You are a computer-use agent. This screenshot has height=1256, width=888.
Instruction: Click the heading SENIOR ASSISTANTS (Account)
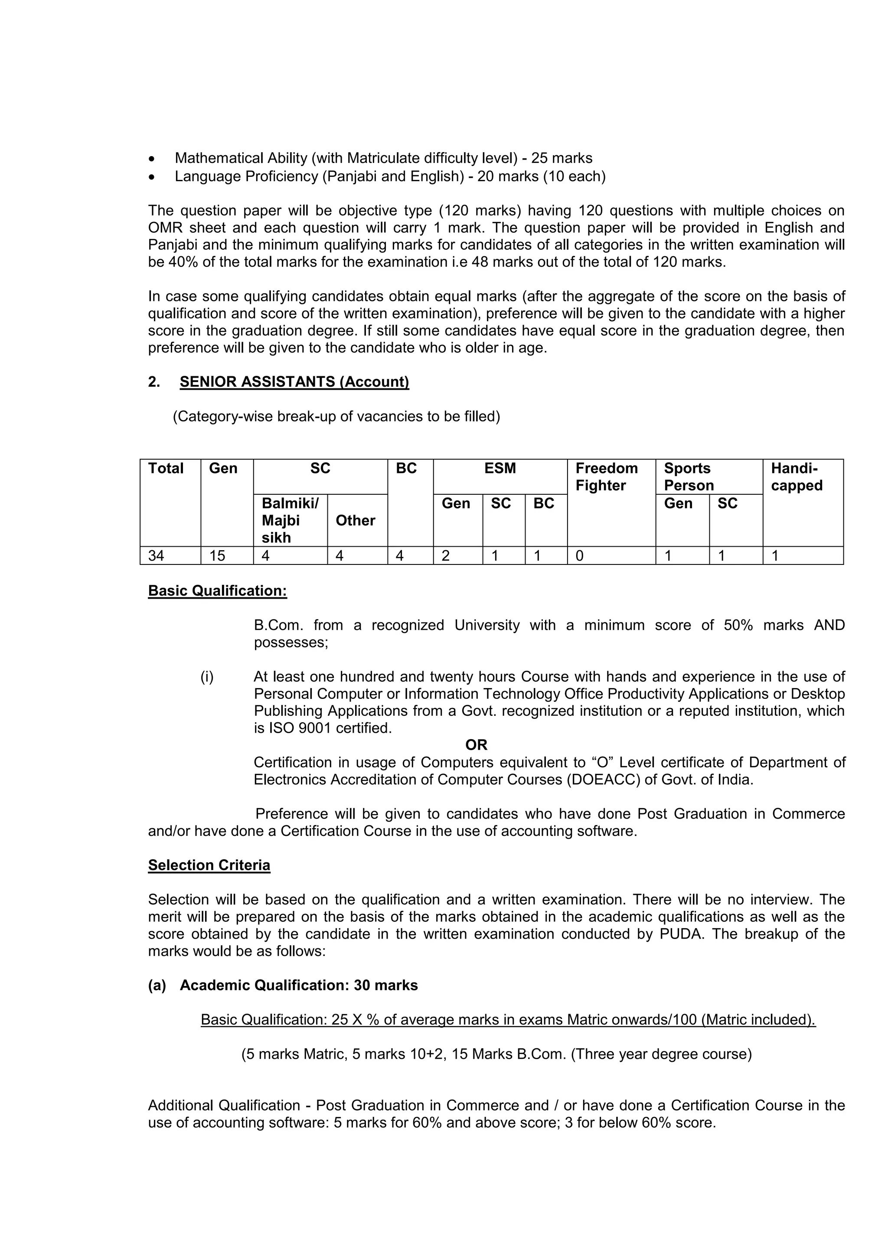pyautogui.click(x=294, y=382)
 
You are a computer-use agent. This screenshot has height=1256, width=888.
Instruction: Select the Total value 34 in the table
pyautogui.click(x=156, y=556)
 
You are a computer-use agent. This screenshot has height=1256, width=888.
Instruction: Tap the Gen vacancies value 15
pyautogui.click(x=217, y=556)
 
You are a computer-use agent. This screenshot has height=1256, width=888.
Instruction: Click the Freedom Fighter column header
pyautogui.click(x=606, y=477)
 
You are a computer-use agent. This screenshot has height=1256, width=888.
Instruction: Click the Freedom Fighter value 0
pyautogui.click(x=579, y=556)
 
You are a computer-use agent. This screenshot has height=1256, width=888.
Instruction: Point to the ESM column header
pyautogui.click(x=499, y=468)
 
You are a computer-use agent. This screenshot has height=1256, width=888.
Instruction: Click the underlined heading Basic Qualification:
pyautogui.click(x=217, y=591)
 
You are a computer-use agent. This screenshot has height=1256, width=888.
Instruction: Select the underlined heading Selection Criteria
pyautogui.click(x=209, y=865)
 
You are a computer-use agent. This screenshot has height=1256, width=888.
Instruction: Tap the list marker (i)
pyautogui.click(x=207, y=677)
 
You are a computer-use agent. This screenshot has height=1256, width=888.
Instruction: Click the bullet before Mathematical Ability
pyautogui.click(x=152, y=159)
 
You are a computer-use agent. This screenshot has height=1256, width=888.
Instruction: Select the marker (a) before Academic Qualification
pyautogui.click(x=157, y=985)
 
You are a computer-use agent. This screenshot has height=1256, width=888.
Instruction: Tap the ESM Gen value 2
pyautogui.click(x=445, y=556)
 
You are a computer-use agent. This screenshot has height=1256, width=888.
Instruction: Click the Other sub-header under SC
pyautogui.click(x=355, y=520)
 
